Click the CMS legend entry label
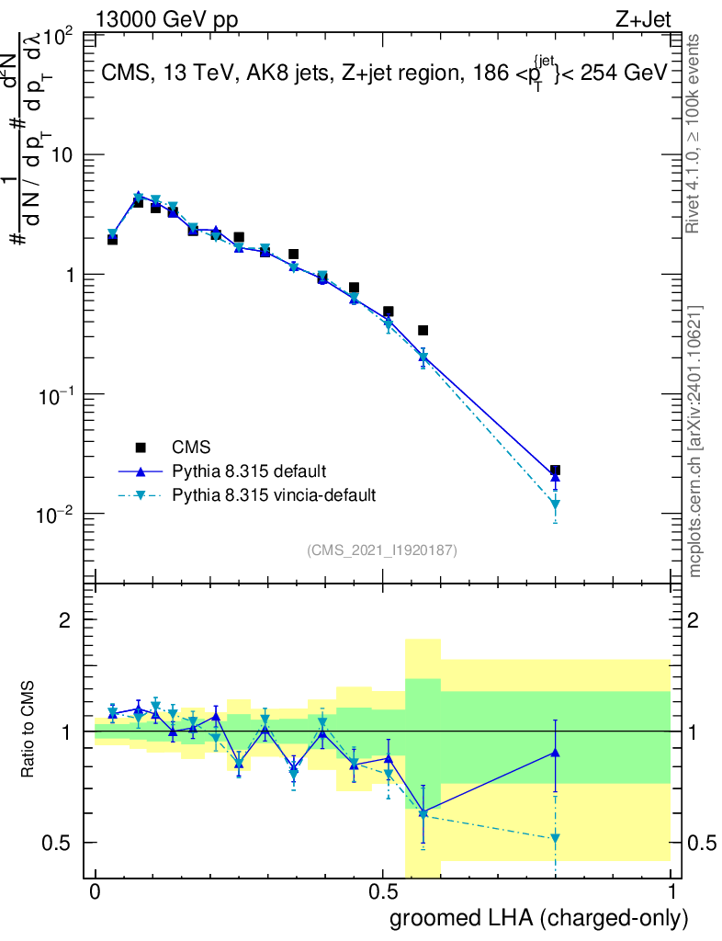point(191,448)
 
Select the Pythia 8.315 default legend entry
point(248,471)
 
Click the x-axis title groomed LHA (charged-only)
point(539,918)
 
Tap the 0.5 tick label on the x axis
point(383,891)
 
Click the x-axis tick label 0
point(95,891)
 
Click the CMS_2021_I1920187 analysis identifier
point(382,550)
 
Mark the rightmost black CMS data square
point(555,470)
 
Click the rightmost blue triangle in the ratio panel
point(555,753)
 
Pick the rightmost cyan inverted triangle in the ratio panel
point(555,838)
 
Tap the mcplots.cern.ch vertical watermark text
point(696,441)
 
